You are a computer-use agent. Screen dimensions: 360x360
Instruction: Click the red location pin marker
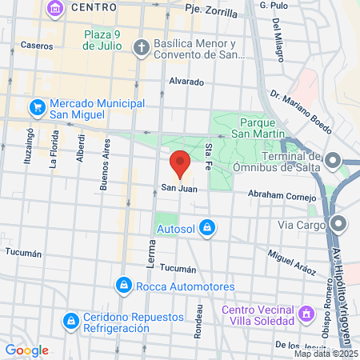(180, 163)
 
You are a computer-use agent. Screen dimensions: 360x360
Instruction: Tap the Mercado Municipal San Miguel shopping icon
(37, 106)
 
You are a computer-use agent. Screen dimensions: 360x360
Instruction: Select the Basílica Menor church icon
(141, 46)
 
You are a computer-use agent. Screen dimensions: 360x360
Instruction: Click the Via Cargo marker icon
(338, 223)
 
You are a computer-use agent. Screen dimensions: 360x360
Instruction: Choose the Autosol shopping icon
(207, 228)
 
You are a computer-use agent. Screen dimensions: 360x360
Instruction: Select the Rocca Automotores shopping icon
(124, 285)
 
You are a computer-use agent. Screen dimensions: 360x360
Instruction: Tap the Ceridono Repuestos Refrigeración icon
(70, 322)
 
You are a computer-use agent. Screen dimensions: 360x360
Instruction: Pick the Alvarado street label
(187, 82)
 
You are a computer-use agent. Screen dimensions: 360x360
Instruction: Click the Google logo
(27, 350)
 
